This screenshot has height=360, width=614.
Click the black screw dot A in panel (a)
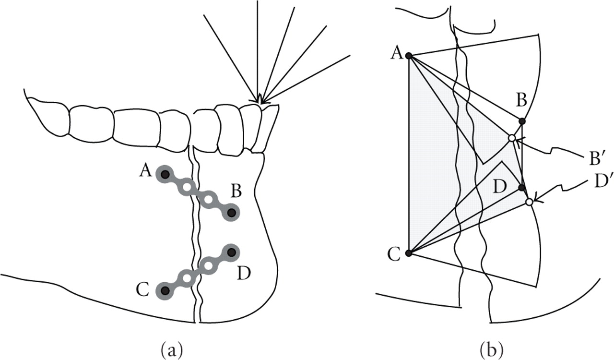tap(165, 175)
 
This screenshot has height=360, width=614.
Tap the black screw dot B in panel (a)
tap(232, 212)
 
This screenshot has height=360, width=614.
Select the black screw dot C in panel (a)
tap(165, 290)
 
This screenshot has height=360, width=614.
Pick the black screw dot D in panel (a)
tap(232, 252)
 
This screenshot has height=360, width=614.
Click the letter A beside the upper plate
tap(145, 170)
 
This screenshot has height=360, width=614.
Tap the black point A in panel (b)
tap(409, 56)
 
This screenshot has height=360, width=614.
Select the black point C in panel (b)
tap(409, 253)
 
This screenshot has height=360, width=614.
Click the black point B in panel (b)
tap(522, 121)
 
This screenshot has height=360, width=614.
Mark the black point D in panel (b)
tap(522, 188)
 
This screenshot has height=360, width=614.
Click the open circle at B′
tap(512, 138)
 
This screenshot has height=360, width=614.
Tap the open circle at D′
tap(529, 202)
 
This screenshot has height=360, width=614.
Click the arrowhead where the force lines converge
tap(260, 100)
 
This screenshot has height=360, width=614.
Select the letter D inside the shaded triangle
tap(500, 187)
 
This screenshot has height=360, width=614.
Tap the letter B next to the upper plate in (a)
tap(236, 192)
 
